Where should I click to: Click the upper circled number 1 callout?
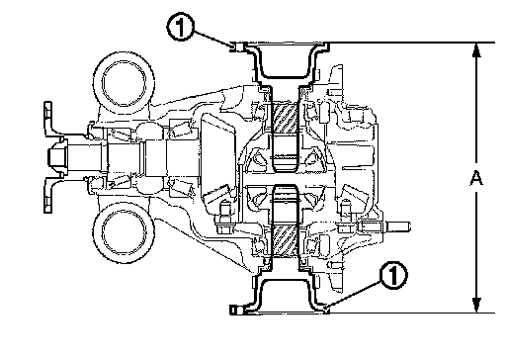click(180, 28)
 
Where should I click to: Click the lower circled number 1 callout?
click(393, 275)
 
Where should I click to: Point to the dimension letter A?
click(476, 178)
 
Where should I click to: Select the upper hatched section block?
click(285, 119)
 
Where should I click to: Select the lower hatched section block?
click(285, 240)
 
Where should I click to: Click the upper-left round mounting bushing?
click(124, 82)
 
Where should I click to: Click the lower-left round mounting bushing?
click(124, 232)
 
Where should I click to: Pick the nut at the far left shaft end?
click(56, 157)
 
